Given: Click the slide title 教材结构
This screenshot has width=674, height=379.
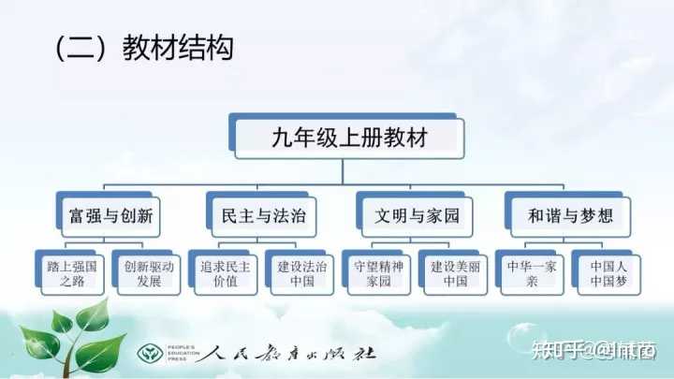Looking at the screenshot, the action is [178, 48].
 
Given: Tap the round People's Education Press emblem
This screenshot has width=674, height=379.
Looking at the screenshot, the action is [150, 354].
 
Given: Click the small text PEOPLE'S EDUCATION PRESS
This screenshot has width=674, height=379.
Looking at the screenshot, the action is [183, 353].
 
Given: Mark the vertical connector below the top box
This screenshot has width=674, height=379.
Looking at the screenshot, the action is [343, 172].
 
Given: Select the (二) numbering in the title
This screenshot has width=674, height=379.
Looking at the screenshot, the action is [80, 48].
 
